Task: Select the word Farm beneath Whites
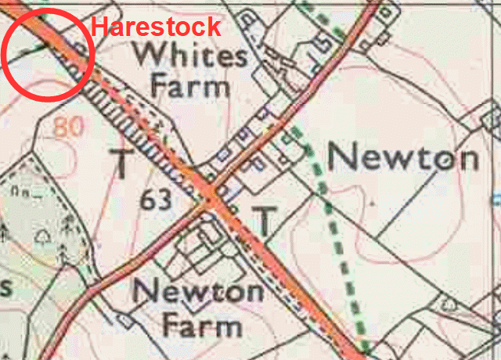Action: coord(190,85)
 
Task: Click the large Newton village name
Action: coord(403,158)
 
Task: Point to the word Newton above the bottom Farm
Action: coord(197,293)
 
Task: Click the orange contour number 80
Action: coord(69,127)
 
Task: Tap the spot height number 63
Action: coord(157,200)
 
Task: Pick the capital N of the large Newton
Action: coord(342,158)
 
